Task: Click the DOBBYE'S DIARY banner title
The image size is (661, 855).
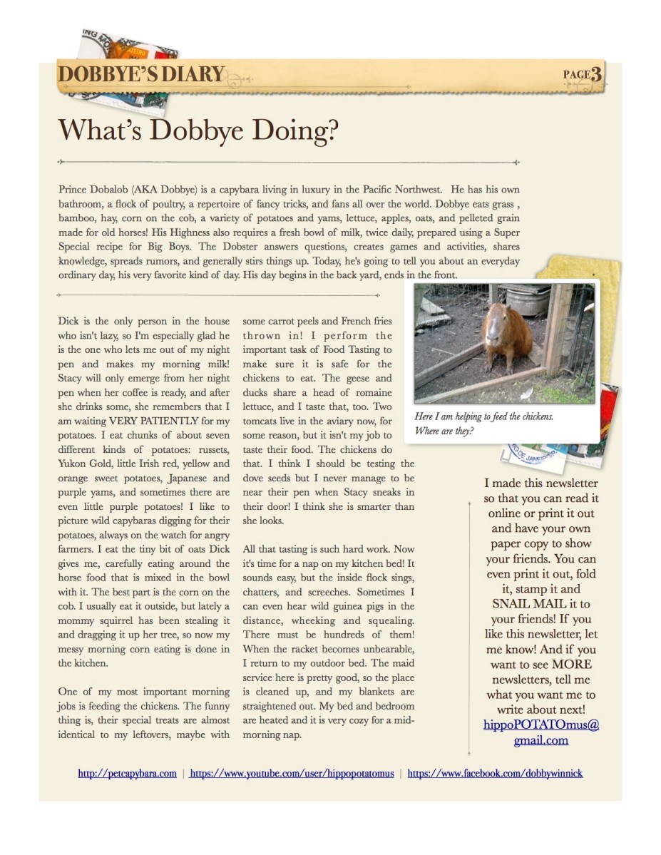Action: point(141,74)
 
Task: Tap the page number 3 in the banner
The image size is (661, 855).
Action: point(595,73)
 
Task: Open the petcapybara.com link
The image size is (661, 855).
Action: point(127,773)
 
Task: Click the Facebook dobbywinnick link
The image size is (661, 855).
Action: point(495,773)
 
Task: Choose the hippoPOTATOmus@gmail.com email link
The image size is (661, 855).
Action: point(541,732)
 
